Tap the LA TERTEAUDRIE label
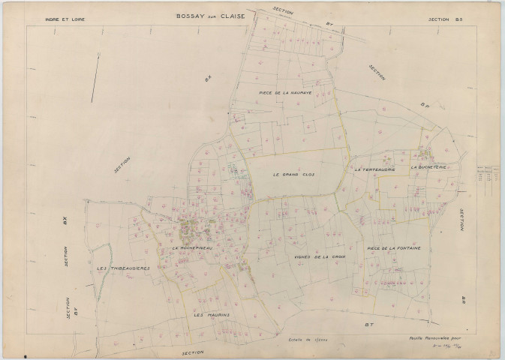[374, 169]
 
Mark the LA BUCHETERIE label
[428, 168]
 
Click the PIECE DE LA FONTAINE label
[393, 248]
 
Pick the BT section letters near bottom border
[368, 325]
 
